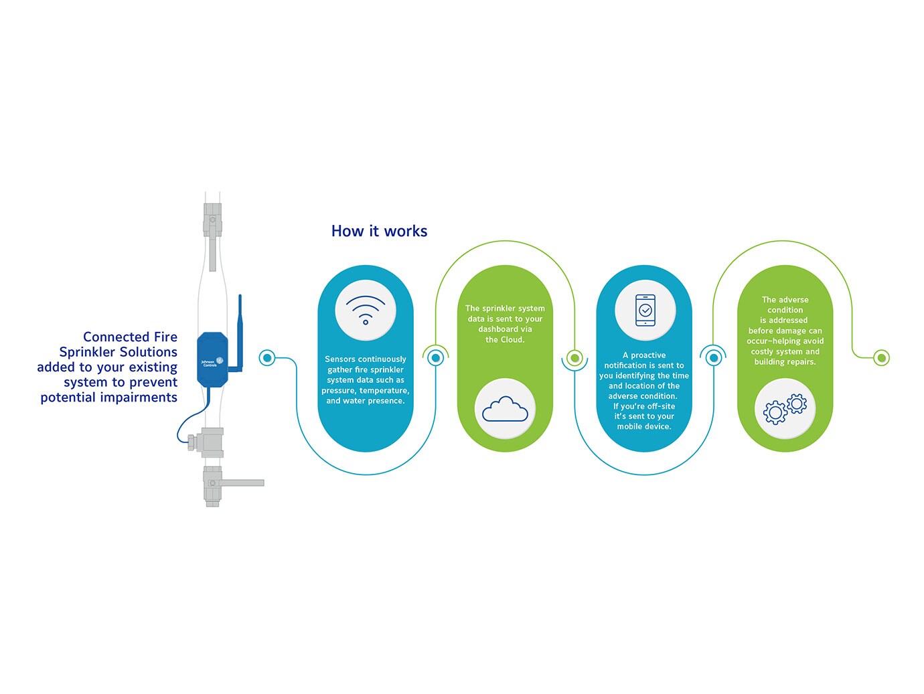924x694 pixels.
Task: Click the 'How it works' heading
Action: coord(379,231)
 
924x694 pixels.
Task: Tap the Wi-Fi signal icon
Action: coord(366,310)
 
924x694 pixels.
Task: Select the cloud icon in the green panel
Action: coord(505,409)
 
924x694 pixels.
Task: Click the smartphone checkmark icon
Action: coord(645,311)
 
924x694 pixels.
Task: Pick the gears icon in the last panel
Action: coord(785,409)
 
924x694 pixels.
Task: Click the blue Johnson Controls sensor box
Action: coord(212,359)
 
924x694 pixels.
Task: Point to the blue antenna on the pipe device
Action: coord(240,328)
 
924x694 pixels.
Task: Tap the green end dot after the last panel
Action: coord(882,358)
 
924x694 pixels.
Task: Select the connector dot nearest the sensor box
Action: coord(267,358)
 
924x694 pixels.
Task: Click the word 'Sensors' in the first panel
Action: coord(339,359)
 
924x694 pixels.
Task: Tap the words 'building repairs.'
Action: coord(785,362)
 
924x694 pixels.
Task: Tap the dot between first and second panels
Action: coord(436,358)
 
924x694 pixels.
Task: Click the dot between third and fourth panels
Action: coord(714,358)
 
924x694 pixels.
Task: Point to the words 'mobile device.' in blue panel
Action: coord(643,426)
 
